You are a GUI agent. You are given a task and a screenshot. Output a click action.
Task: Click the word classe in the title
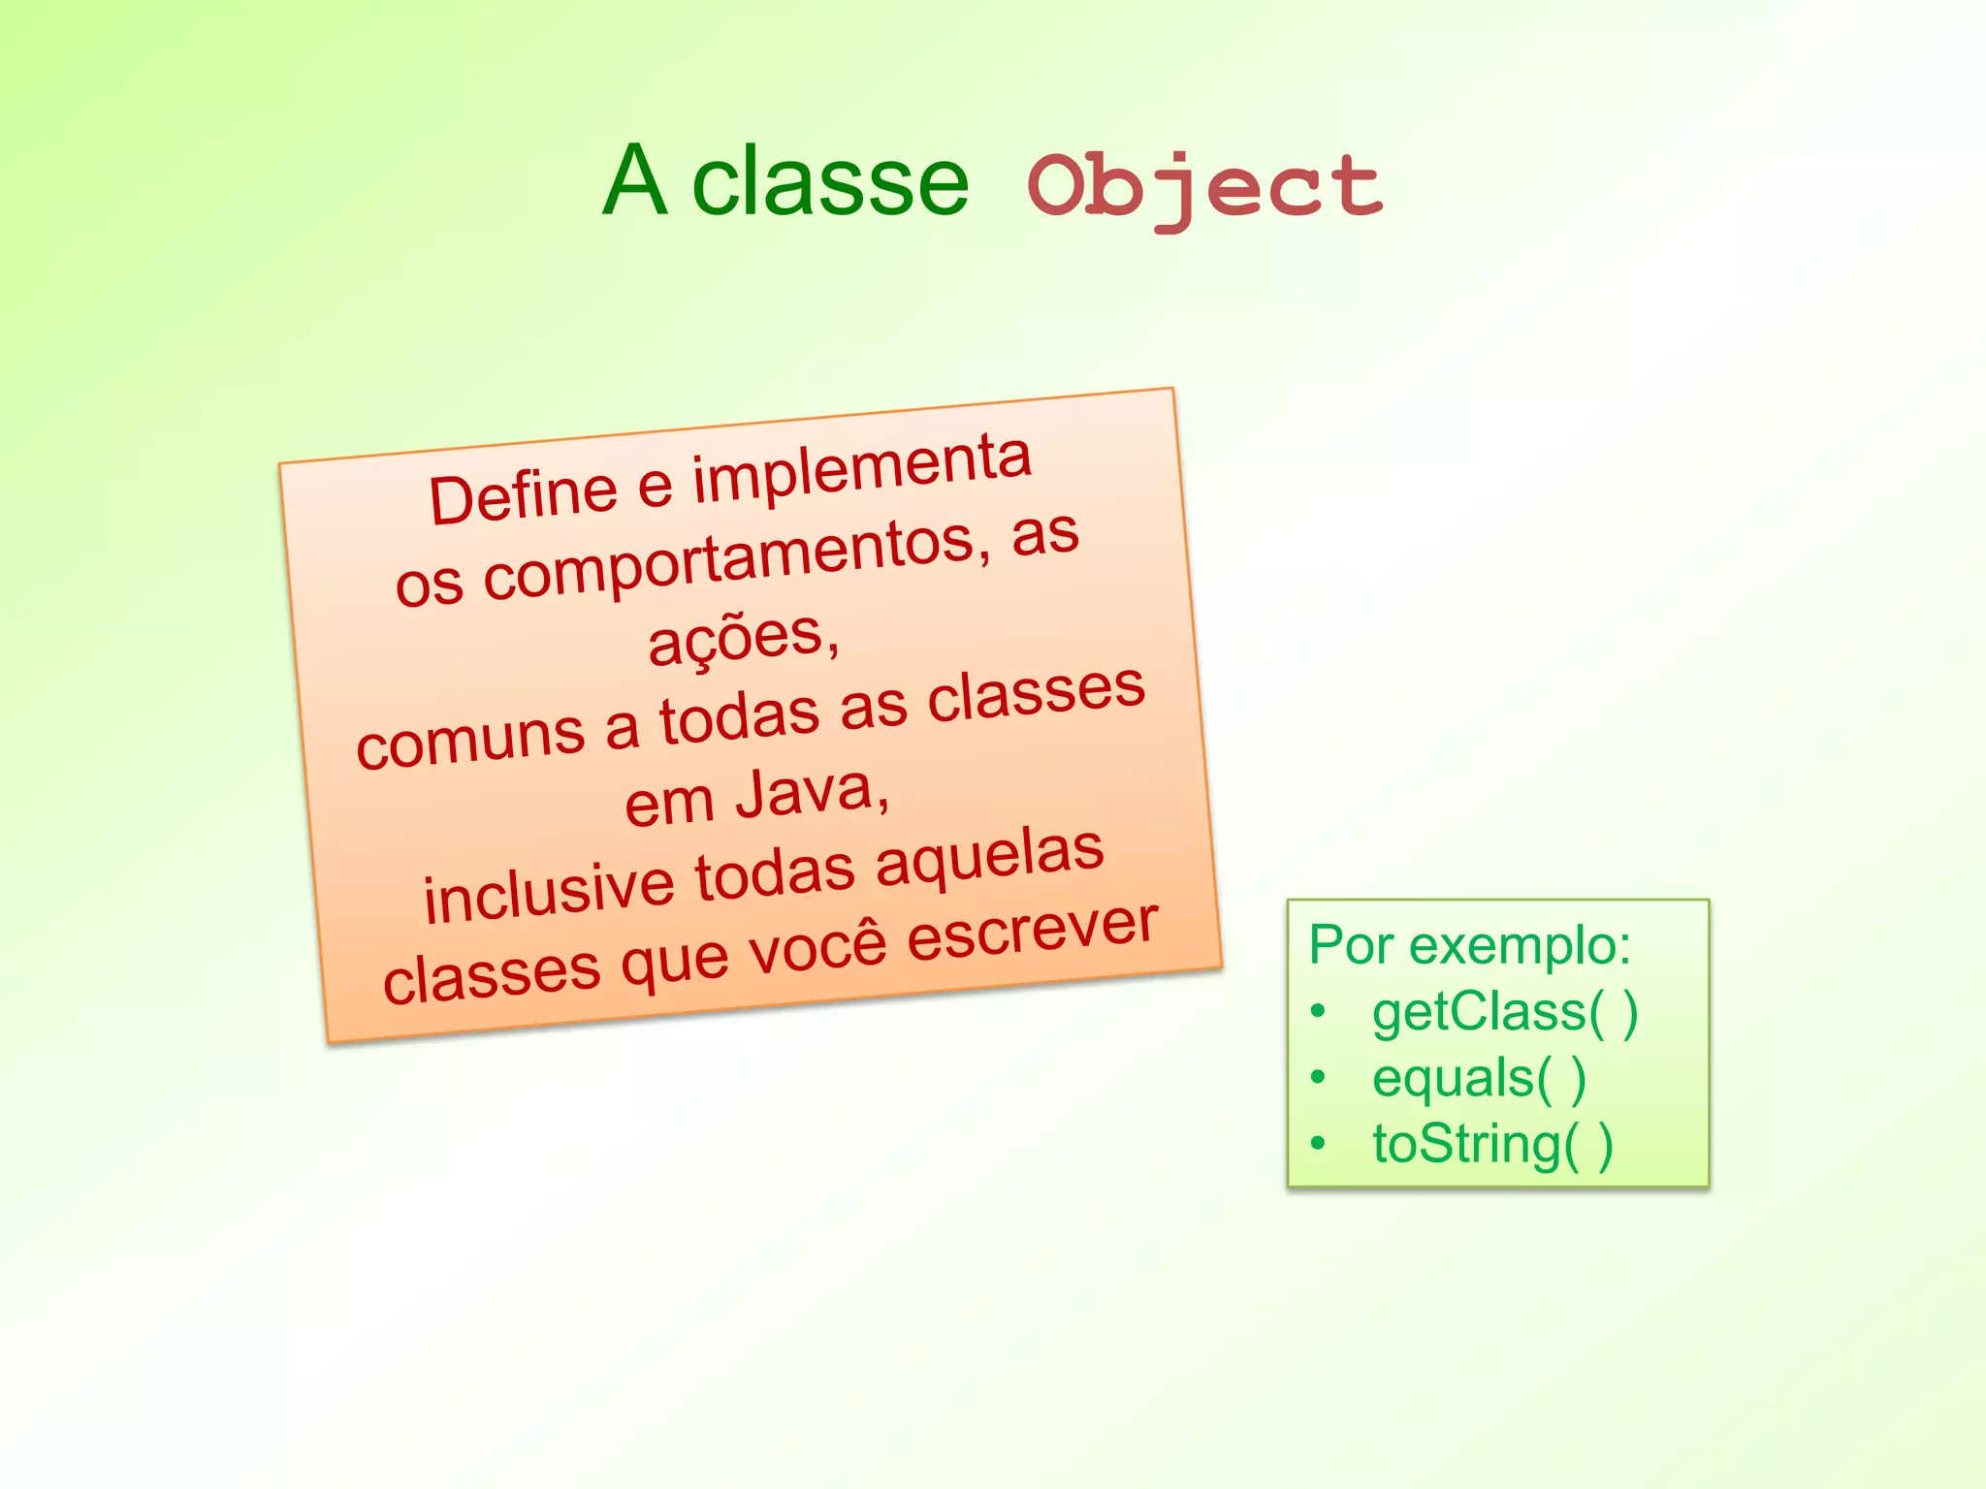830,182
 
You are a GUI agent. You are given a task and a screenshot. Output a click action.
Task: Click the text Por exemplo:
1469,944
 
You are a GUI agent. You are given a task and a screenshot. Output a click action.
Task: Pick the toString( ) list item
1492,1144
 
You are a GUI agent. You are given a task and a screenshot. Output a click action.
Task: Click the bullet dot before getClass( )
1317,1012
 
